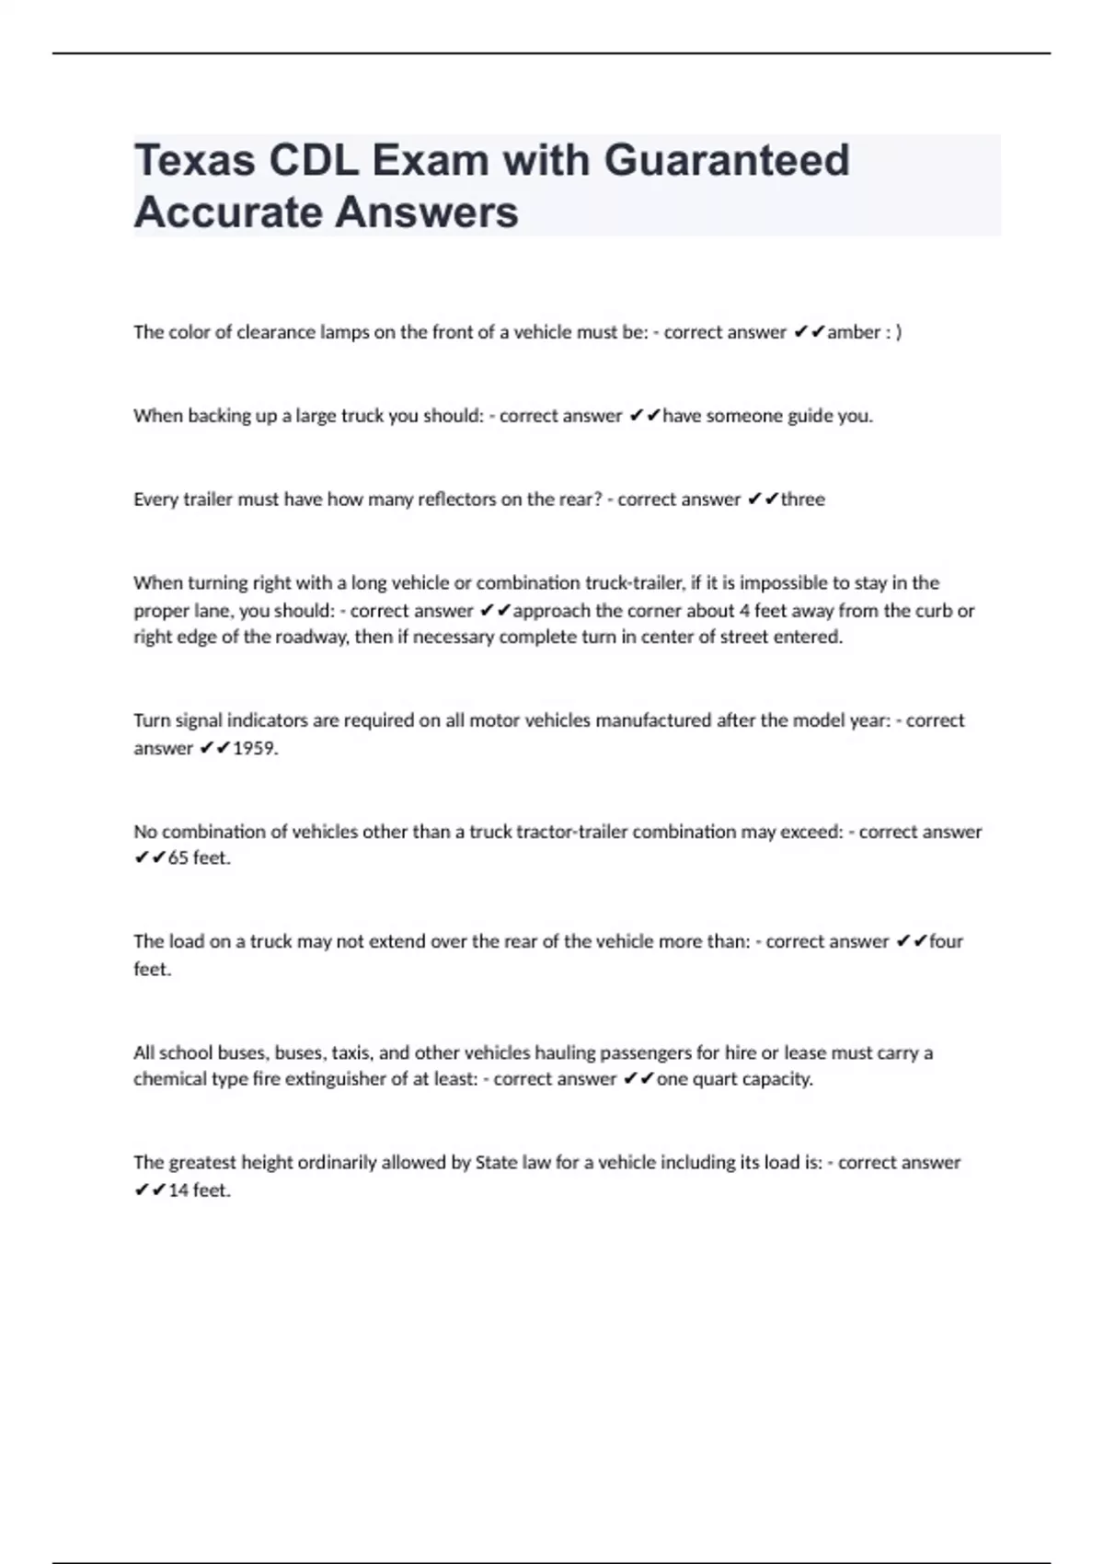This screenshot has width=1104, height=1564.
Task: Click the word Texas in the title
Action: [195, 160]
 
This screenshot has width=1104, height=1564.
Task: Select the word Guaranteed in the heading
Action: [726, 160]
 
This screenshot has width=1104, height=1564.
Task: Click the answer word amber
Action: [854, 332]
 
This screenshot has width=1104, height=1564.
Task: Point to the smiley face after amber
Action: [893, 332]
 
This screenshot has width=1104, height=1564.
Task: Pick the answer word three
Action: [802, 500]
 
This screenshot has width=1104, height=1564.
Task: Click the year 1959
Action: [254, 748]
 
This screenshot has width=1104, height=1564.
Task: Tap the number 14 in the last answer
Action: [178, 1190]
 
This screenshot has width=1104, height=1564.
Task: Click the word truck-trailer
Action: [634, 582]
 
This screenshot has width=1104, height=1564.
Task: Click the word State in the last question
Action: [496, 1163]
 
